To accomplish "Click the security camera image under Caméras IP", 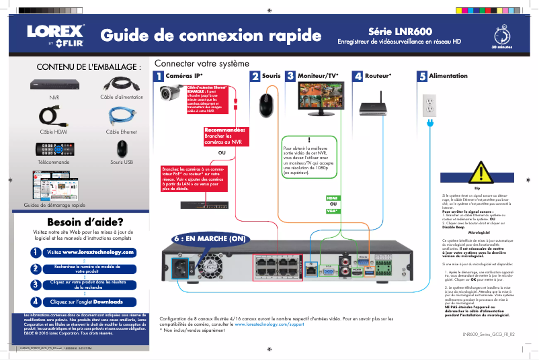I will coord(171,95).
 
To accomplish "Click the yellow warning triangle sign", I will coord(477,173).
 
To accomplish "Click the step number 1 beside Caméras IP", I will coord(159,77).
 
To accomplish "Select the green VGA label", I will coord(332,211).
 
